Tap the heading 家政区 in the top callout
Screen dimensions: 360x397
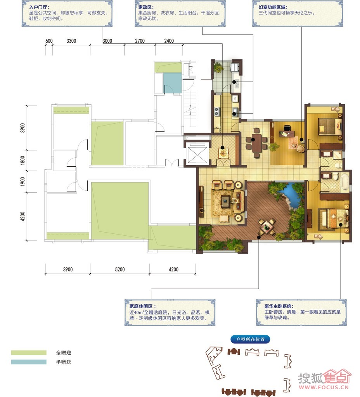coord(146,7)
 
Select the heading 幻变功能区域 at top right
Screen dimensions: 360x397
coord(273,7)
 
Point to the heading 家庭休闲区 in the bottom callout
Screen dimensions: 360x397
coord(143,306)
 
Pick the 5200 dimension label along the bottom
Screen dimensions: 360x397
coord(120,269)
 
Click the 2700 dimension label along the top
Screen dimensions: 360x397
coord(140,41)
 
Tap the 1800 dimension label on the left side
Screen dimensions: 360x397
coord(23,160)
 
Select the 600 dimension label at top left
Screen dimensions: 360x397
coord(49,41)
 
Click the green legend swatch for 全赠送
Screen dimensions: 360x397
coord(29,353)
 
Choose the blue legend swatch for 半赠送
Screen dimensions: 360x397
coord(29,362)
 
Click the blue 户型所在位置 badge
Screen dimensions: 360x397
coord(250,339)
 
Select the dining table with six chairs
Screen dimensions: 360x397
coord(256,142)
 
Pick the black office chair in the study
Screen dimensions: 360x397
coord(287,128)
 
